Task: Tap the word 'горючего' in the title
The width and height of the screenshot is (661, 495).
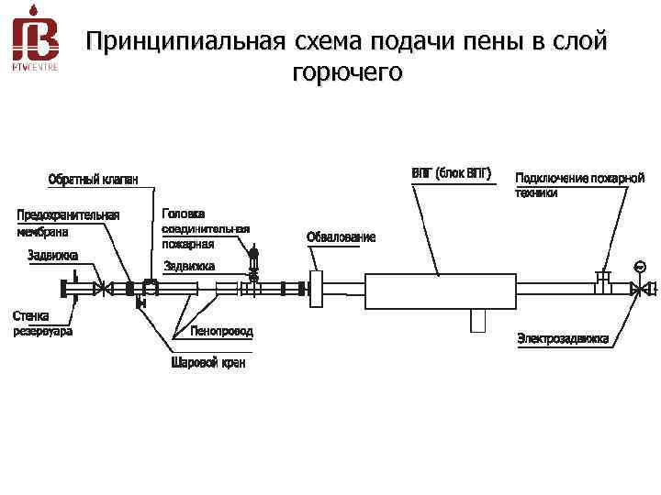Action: [x=346, y=72]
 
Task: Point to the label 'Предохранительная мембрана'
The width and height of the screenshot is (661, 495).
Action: [x=69, y=223]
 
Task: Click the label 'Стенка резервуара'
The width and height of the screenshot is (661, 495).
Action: [x=42, y=324]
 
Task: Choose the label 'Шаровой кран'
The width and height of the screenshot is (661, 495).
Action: [x=208, y=363]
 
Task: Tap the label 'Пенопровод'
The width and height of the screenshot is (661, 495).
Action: [x=222, y=330]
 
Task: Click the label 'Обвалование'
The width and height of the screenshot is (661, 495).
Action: [x=341, y=237]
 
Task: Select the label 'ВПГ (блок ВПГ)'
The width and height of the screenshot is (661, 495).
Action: [x=451, y=171]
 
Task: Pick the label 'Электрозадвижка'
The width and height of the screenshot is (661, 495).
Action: [x=563, y=338]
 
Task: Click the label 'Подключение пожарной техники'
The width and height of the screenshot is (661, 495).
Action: [x=579, y=184]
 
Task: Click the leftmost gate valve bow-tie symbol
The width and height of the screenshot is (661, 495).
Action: [x=104, y=289]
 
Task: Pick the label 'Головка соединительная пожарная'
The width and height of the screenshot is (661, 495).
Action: [x=206, y=228]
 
